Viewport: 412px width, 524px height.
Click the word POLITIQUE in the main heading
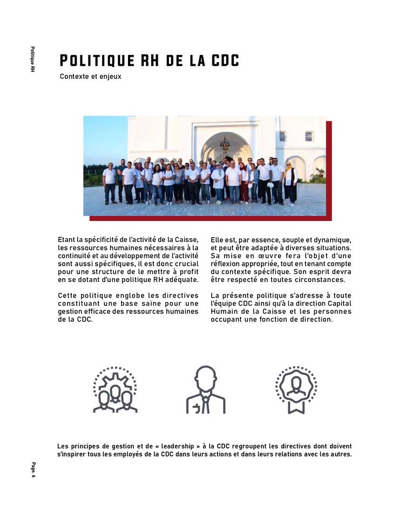[x=96, y=61]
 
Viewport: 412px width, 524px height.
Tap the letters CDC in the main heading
[x=222, y=61]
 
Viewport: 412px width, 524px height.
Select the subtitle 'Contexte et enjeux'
[x=90, y=77]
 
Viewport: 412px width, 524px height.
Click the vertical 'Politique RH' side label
[x=33, y=59]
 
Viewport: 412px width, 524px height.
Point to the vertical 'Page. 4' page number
[x=33, y=469]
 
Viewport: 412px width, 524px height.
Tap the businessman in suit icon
[x=206, y=389]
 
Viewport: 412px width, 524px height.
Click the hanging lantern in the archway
[x=225, y=145]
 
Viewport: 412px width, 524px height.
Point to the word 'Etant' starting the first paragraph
[x=67, y=239]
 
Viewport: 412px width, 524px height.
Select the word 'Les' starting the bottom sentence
[x=63, y=446]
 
